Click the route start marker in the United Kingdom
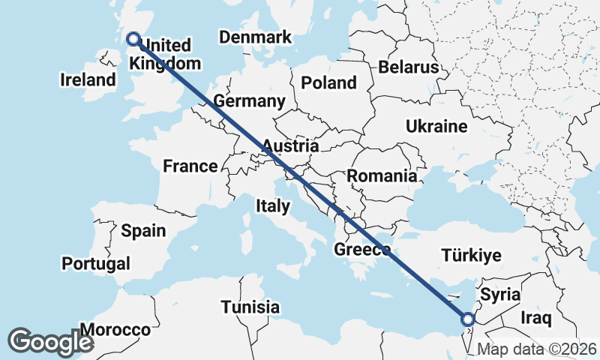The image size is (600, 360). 133,39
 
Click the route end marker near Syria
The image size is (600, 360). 467,319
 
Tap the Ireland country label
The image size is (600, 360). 89,79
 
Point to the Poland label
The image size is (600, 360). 328,82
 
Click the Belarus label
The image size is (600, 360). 408,67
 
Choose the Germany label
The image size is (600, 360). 249,101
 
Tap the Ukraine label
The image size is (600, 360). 436,127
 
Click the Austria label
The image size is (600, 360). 290,145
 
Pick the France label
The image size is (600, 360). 190,166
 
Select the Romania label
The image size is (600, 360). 382,176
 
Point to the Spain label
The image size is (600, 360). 143,230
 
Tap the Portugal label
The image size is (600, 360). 96,263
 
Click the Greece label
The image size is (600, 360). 362,250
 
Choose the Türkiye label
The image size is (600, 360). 471,256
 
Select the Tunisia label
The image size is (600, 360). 250,307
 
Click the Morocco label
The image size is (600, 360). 115,330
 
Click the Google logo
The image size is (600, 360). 50,341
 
